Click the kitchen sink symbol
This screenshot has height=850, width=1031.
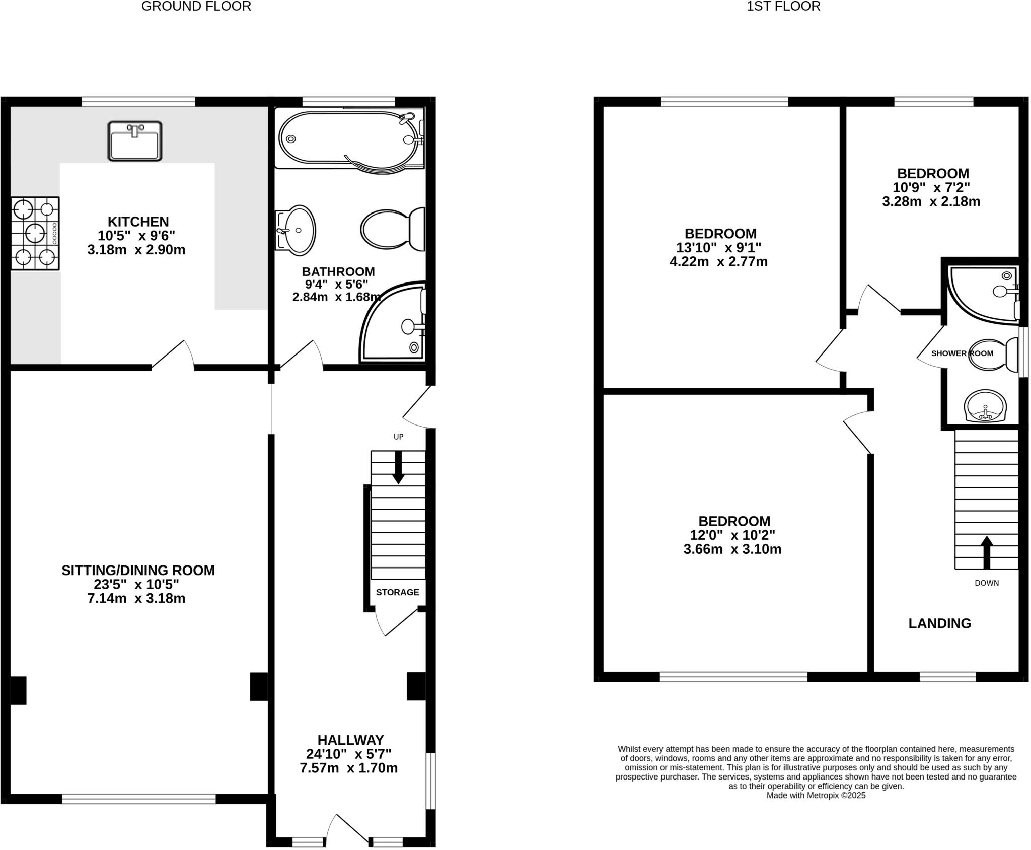pos(135,141)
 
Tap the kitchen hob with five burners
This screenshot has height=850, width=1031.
pos(35,233)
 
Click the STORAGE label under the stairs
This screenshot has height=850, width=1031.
pos(397,592)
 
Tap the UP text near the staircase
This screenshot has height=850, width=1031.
pos(398,437)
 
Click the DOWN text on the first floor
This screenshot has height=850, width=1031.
pos(986,583)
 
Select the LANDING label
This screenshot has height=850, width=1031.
pos(939,623)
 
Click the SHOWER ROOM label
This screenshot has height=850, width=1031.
pos(962,353)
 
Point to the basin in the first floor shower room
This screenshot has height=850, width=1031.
pos(985,406)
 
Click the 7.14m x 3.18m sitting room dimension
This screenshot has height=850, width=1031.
pos(136,599)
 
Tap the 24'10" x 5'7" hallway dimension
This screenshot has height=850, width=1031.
pos(348,754)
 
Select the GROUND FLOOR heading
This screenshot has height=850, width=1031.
pos(196,7)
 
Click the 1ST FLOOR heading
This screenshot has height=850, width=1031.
pos(783,7)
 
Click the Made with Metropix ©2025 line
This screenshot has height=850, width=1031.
pos(816,796)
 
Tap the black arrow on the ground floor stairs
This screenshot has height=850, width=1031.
pos(398,468)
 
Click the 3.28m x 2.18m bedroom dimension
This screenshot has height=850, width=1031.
pos(931,202)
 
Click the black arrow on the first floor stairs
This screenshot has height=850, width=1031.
pos(986,551)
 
